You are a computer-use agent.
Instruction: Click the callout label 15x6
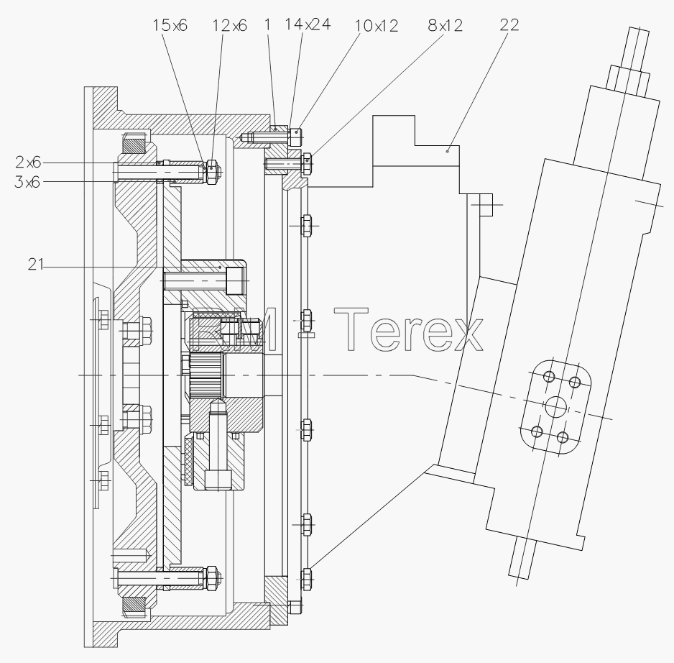coord(170,25)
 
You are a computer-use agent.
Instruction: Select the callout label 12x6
coord(229,26)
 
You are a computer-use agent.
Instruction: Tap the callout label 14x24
coord(308,24)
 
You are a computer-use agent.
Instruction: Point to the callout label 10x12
coord(376,26)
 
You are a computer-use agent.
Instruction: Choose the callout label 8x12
coord(446,25)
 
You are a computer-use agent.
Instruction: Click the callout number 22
coord(509,24)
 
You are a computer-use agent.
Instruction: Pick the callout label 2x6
coord(28,163)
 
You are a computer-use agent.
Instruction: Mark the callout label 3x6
coord(27,182)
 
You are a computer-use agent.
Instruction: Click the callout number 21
coord(36,264)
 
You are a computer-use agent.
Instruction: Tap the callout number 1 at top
coord(268,24)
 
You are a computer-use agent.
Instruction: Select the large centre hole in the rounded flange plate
coord(555,407)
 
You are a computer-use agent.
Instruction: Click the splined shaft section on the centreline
coord(206,375)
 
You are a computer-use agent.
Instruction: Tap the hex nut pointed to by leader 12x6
coord(211,172)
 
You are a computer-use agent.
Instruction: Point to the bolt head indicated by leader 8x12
coord(307,164)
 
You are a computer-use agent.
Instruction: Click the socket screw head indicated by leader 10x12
coord(296,137)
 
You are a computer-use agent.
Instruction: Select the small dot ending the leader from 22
coord(448,151)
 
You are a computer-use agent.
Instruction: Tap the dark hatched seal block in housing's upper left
coord(134,144)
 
